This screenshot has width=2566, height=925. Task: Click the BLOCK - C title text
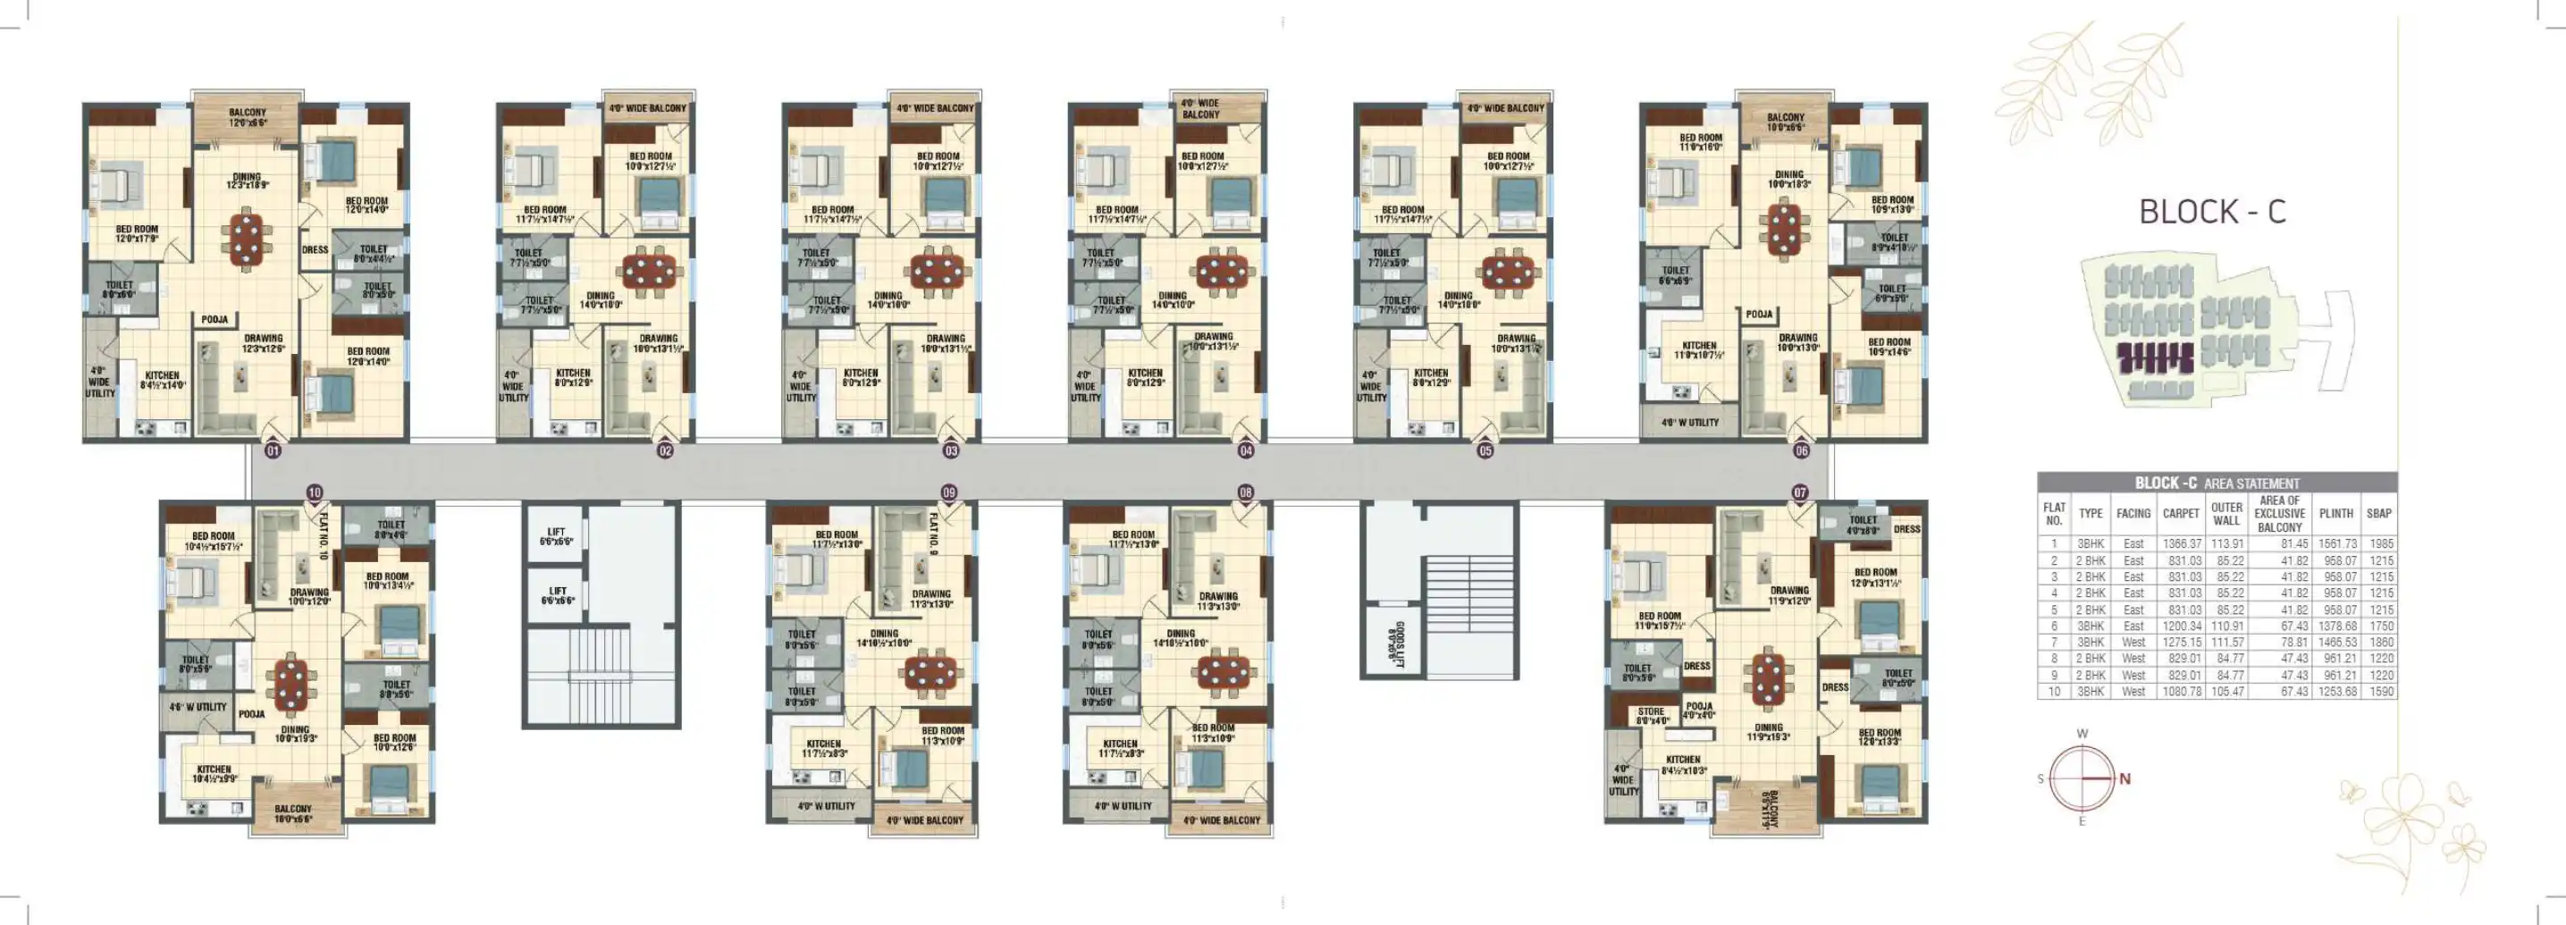(2211, 212)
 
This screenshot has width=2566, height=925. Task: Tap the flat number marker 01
(273, 451)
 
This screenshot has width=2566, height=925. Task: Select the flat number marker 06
(1801, 451)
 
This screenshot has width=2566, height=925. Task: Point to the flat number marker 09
(948, 492)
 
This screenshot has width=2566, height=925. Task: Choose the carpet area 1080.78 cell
(2181, 691)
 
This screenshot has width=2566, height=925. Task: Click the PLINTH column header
(2336, 514)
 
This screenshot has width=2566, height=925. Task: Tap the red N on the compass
(2124, 778)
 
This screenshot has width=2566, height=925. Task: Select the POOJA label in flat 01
(215, 320)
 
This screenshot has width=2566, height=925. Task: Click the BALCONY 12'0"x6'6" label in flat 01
(247, 117)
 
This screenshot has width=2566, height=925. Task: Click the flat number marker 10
(315, 492)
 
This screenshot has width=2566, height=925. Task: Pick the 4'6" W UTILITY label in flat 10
(198, 707)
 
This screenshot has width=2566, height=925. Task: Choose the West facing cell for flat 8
(2133, 658)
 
